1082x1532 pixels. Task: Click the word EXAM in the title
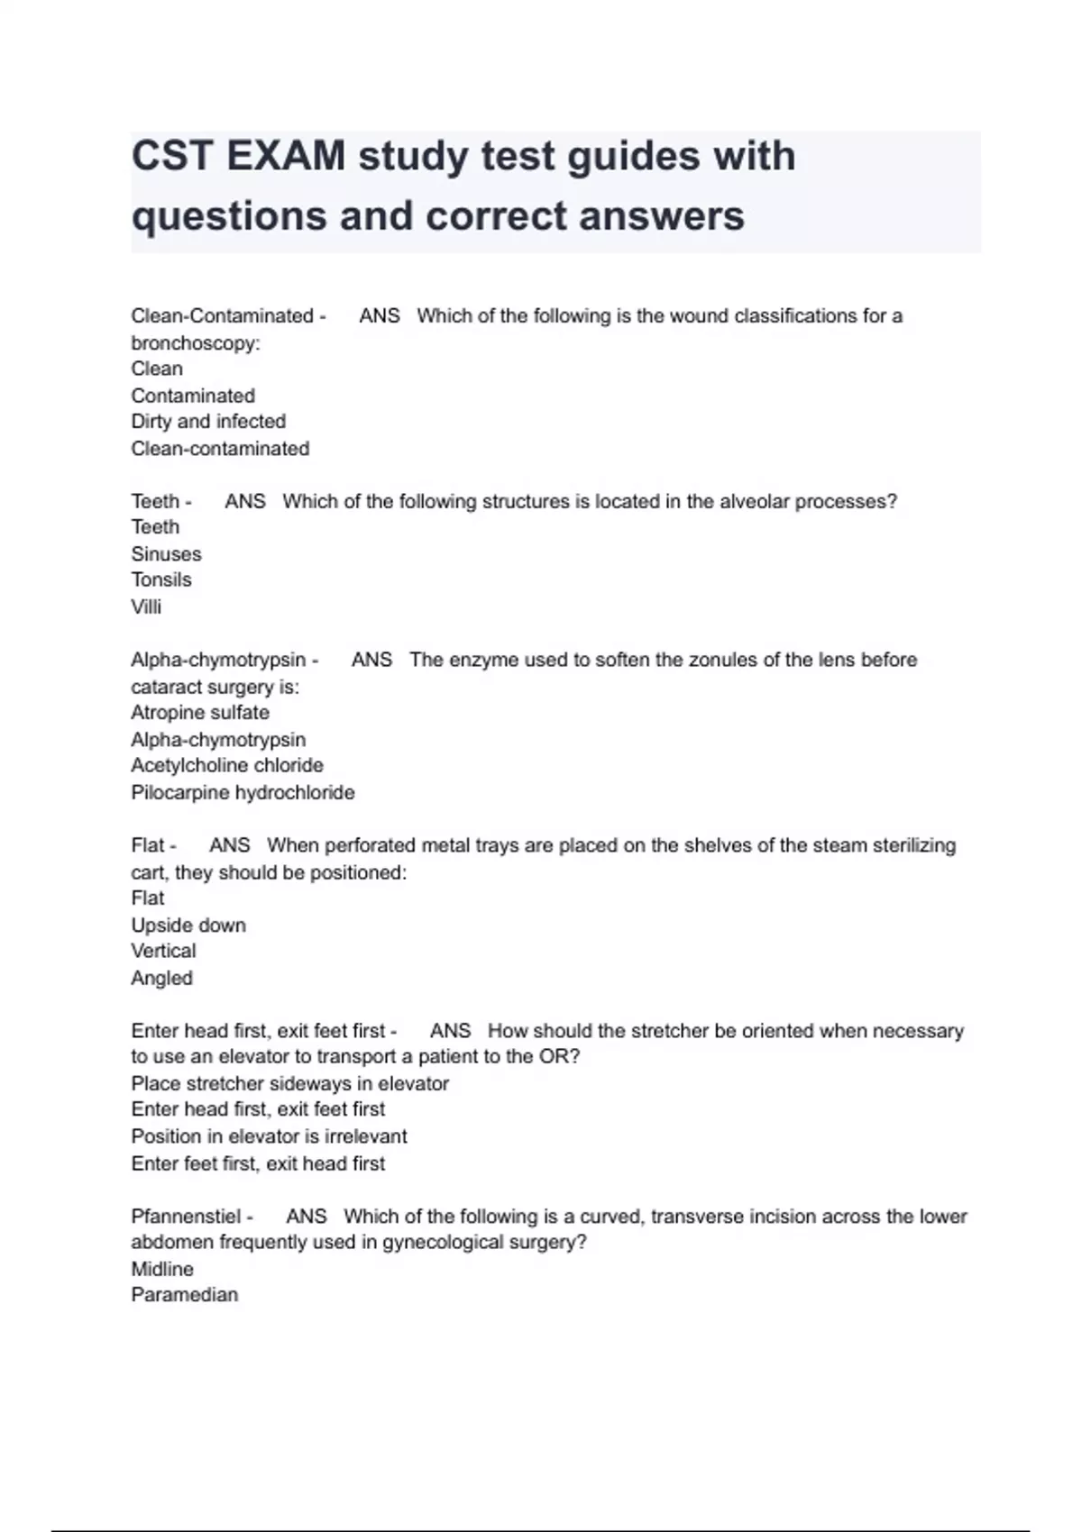point(286,156)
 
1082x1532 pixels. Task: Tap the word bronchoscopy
point(194,343)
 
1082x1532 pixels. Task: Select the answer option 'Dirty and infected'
point(208,422)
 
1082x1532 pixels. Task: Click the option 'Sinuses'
point(166,554)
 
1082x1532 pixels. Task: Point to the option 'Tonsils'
point(161,580)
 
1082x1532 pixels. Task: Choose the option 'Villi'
point(146,606)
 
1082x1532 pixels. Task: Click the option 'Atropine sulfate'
point(200,713)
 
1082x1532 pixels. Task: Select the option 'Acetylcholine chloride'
point(227,766)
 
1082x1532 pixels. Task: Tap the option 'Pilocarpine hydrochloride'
point(243,793)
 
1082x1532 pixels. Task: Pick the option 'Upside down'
point(188,926)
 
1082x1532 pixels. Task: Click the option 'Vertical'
point(163,952)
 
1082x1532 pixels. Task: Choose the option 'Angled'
point(162,979)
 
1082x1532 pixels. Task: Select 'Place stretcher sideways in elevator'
point(289,1084)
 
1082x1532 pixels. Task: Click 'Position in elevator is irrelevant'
point(269,1137)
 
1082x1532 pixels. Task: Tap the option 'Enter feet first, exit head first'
point(258,1164)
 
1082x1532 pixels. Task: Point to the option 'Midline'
point(162,1270)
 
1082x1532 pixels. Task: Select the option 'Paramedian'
point(185,1296)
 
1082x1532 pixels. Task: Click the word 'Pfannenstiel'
point(186,1217)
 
